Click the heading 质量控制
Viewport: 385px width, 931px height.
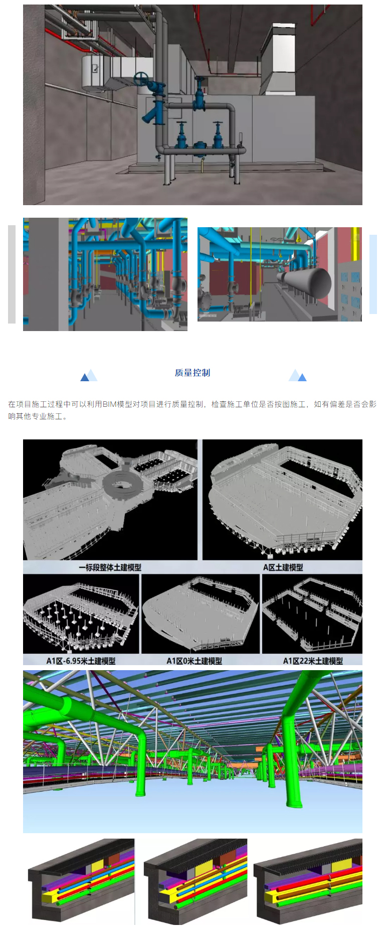click(192, 373)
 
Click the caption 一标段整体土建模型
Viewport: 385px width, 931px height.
click(110, 567)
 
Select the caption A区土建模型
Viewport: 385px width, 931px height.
click(283, 567)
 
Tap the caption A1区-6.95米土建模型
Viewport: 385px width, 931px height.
click(81, 661)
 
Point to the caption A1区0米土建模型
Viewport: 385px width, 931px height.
click(194, 661)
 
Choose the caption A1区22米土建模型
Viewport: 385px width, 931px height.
click(313, 661)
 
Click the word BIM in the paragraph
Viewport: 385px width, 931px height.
click(109, 404)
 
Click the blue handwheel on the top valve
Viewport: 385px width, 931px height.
click(141, 79)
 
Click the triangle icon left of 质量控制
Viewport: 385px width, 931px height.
click(89, 376)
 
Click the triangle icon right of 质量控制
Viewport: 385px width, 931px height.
click(297, 376)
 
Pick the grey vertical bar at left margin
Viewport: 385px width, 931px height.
click(12, 274)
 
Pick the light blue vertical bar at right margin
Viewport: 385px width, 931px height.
click(373, 274)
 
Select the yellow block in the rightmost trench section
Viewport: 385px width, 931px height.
click(342, 865)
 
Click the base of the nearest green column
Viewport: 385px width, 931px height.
click(140, 793)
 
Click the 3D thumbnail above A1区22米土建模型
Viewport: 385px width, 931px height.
click(312, 613)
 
